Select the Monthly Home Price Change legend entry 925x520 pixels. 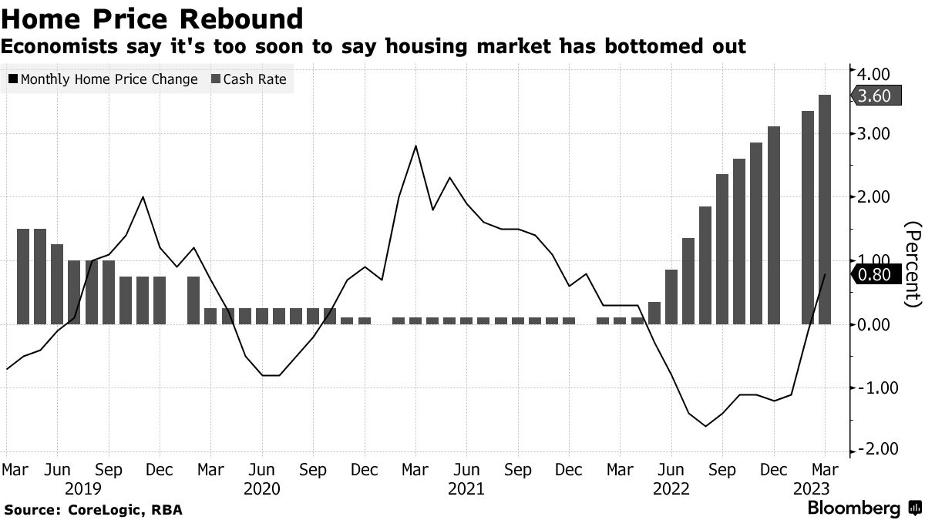pos(103,79)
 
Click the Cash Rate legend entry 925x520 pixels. pos(249,79)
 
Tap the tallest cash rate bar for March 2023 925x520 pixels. pos(825,209)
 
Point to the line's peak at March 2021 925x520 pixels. pos(416,146)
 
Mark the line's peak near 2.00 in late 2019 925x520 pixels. pos(143,197)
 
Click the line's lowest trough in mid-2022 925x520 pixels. pos(705,426)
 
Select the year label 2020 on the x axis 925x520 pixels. pos(261,488)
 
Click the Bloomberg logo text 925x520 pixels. pos(853,508)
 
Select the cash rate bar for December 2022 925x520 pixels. pos(774,225)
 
